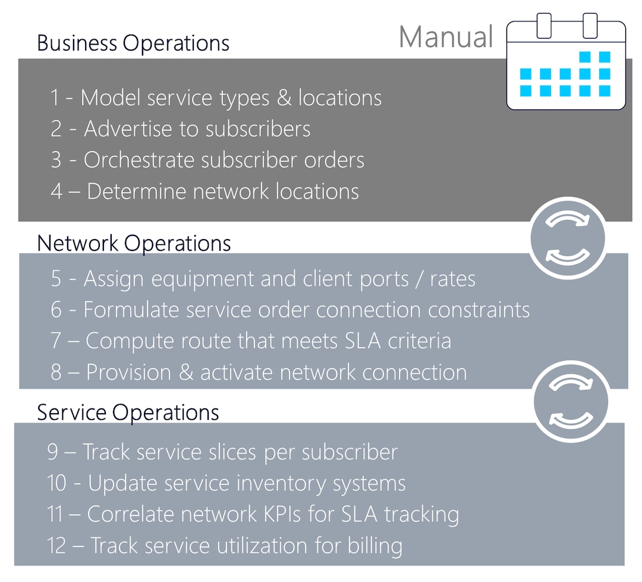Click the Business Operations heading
tap(133, 43)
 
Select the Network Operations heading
tap(134, 243)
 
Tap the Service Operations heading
tap(128, 412)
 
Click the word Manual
tap(446, 37)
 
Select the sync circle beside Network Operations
tap(568, 238)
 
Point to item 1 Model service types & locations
tap(216, 97)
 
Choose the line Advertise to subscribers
tap(180, 129)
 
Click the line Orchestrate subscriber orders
tap(207, 160)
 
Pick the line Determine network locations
tap(204, 191)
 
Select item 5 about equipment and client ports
tap(263, 279)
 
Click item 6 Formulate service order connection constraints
tap(289, 310)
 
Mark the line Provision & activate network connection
tap(259, 372)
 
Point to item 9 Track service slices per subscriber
tap(222, 452)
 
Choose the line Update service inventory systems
tap(226, 483)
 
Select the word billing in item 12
tap(374, 545)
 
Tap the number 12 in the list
tap(56, 545)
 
